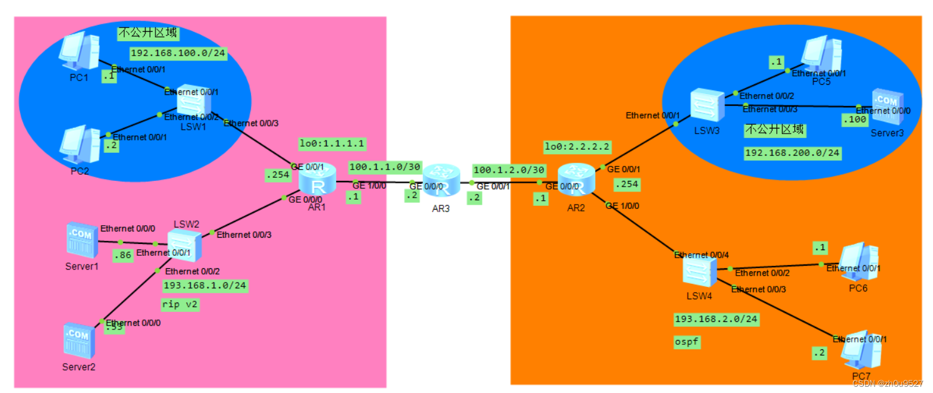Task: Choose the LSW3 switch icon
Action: (706, 104)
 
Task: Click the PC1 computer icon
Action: (79, 52)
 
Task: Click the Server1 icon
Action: (82, 241)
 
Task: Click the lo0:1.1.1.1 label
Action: (332, 143)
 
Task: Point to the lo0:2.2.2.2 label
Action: (577, 147)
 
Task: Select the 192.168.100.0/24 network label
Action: (177, 53)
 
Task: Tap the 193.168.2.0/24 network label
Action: (716, 319)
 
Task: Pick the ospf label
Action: (686, 342)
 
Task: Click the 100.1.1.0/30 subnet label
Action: (385, 167)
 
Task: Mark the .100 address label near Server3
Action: (854, 119)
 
